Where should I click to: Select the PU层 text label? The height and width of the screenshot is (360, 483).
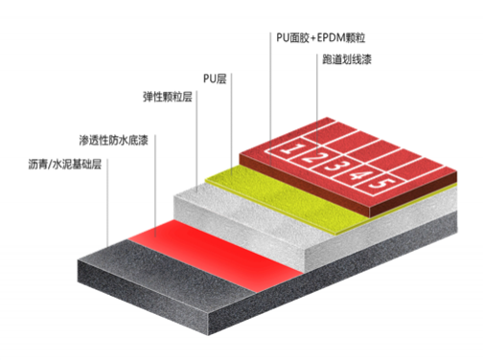point(216,78)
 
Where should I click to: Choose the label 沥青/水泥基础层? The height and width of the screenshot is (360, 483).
point(66,164)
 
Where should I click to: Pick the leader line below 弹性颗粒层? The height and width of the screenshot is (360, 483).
point(196,144)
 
